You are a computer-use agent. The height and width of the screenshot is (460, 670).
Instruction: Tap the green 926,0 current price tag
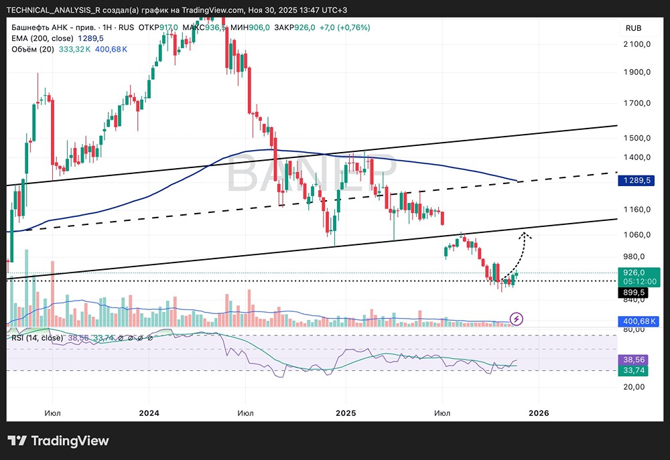(x=633, y=273)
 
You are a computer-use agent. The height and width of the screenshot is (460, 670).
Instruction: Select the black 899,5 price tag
(x=633, y=293)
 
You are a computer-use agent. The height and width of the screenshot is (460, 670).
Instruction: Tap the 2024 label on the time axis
(x=149, y=413)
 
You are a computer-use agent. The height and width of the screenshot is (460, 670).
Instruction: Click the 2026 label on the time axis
(x=538, y=413)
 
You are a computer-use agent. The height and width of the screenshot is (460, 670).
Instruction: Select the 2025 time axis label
(x=344, y=413)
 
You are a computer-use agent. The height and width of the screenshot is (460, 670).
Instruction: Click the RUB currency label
(x=633, y=28)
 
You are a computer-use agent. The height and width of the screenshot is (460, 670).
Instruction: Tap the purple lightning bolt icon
(x=517, y=319)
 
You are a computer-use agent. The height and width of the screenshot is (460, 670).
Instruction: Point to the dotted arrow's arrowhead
(x=527, y=234)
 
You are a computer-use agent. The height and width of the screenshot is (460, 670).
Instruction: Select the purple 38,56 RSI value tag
(x=633, y=359)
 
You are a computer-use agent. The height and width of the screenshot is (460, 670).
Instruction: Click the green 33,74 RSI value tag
(x=633, y=369)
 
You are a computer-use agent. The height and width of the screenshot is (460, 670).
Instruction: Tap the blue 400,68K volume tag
(x=633, y=321)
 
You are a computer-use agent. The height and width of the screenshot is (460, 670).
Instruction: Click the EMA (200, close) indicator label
(x=42, y=39)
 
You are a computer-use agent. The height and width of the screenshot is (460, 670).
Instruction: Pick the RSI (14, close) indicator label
(x=37, y=338)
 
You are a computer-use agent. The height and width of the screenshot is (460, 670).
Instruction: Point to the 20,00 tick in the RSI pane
(x=633, y=386)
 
